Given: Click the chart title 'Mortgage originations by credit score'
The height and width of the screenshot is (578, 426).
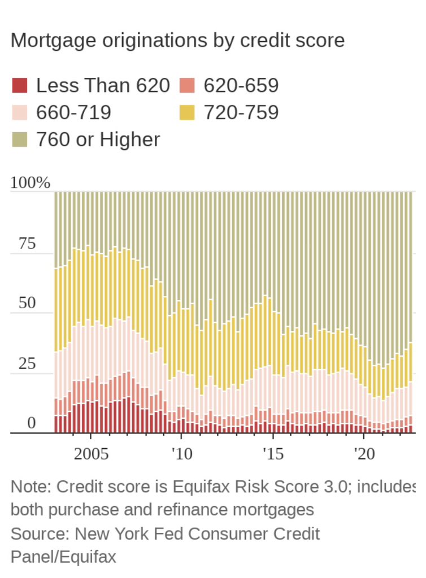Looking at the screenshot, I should coord(177,41).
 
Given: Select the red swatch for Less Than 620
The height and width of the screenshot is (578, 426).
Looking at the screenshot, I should coord(20,86).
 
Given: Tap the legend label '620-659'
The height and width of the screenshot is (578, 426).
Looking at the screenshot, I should coord(241,86).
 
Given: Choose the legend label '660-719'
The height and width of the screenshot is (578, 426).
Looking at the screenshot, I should coord(73,112).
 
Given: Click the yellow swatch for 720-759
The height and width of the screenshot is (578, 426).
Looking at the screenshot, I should coord(187,112).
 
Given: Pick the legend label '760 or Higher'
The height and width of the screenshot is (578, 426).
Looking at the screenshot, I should coord(98,139).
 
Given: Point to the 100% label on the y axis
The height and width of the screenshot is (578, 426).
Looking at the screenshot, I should coord(31,183).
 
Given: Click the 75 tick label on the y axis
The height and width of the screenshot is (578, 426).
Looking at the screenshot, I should coord(27,244).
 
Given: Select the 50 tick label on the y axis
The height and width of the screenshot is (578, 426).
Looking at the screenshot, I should coord(27,303).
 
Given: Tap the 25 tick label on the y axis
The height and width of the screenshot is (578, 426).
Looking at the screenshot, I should coord(27,364).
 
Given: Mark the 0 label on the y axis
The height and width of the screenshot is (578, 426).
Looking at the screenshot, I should coord(32,423).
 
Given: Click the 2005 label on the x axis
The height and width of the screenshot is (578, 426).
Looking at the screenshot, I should coord(92,454).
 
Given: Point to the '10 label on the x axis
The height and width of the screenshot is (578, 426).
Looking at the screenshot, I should coord(181,454).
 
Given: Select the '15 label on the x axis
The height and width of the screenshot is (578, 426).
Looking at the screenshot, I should coord(273,454).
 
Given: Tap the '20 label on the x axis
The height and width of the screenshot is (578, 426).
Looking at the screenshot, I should coord(364,454).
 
